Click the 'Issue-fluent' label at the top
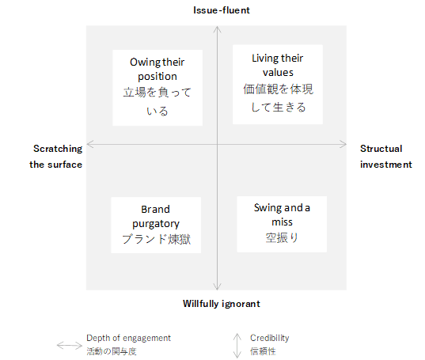coord(222,10)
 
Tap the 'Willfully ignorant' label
coord(222,304)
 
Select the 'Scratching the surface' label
coord(56,157)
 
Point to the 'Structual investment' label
coord(386,157)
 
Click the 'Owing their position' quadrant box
coord(157,88)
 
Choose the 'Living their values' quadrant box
coord(278,85)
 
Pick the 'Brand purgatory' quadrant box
coord(156,225)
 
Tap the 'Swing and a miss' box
coord(282,224)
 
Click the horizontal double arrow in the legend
coord(70,346)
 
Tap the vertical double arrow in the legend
coord(237,346)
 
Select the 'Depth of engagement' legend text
coord(128,338)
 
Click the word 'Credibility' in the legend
coord(270,338)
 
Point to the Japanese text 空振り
coord(282,238)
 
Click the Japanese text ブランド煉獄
coord(156,239)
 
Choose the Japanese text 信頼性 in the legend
coord(263,351)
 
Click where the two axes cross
coord(217,144)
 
